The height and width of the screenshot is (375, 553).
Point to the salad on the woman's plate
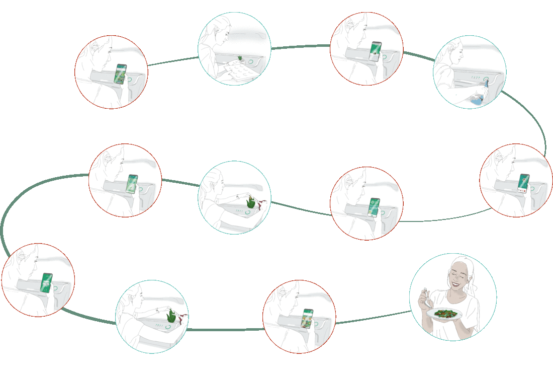tap(443, 314)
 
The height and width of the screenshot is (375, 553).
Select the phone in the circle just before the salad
tap(307, 318)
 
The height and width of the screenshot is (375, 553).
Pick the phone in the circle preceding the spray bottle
tap(375, 51)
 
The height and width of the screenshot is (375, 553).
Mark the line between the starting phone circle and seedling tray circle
tap(172, 61)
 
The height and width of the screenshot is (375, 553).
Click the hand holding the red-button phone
tap(528, 194)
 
